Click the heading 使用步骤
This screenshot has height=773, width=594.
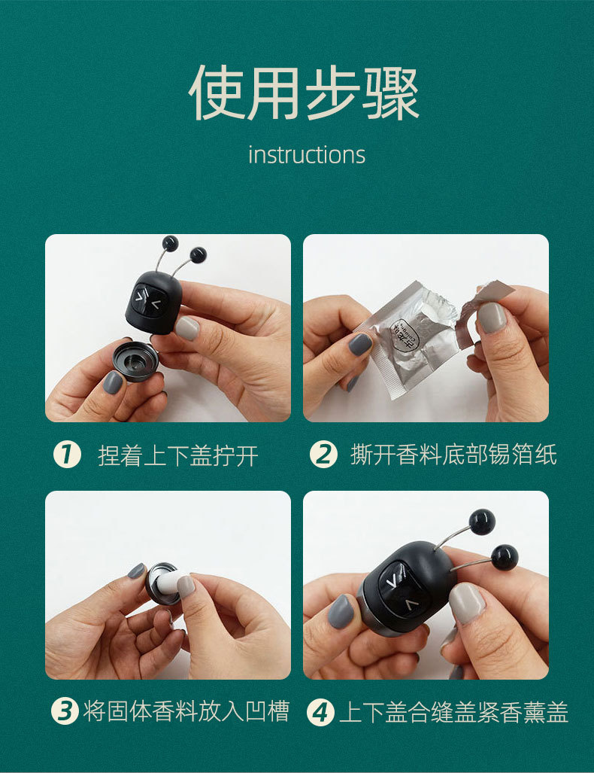tap(304, 92)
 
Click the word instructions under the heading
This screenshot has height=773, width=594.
tap(306, 154)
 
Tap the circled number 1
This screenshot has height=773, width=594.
tap(67, 454)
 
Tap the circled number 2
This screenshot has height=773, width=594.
tap(323, 454)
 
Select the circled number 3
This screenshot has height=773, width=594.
tap(65, 711)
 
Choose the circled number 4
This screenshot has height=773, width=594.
tap(320, 712)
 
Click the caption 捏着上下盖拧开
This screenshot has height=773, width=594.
tap(178, 455)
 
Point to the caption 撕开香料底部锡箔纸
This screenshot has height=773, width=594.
tap(453, 454)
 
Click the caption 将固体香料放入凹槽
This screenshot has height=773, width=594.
tap(186, 711)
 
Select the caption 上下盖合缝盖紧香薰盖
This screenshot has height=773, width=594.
tap(454, 712)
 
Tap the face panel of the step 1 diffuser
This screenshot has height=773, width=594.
tap(148, 301)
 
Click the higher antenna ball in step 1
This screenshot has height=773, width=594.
tap(170, 242)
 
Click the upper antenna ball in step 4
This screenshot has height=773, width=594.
tap(482, 522)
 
